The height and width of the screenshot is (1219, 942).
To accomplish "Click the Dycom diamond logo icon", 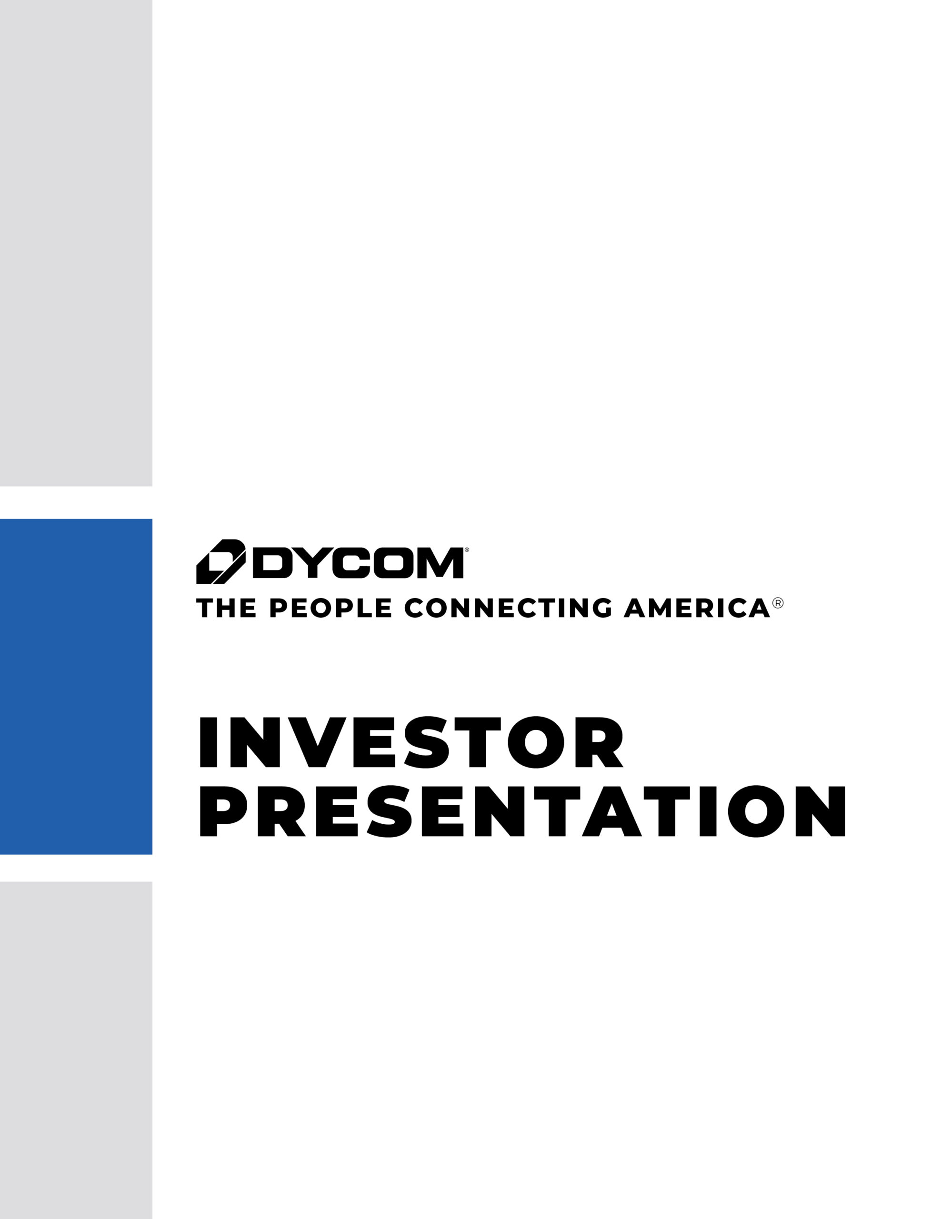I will (220, 561).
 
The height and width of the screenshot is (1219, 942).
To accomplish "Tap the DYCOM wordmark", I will (358, 563).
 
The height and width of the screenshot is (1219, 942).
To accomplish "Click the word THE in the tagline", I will (226, 607).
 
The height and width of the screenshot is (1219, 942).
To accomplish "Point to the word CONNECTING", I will (508, 607).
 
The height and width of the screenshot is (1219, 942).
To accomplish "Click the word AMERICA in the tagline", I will (697, 607).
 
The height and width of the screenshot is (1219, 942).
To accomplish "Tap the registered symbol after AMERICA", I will (778, 603).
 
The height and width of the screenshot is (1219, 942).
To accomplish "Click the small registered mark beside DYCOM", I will (467, 550).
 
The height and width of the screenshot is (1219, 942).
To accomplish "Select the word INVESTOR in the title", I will (411, 742).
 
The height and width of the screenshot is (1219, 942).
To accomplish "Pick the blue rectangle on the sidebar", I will (76, 687).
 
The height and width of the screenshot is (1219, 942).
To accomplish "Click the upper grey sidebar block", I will (76, 243).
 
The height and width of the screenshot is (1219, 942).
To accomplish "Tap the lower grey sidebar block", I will (76, 1049).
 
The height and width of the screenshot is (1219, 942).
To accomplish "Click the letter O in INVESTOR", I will (535, 742).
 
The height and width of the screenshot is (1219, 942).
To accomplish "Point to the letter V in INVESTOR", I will (317, 742).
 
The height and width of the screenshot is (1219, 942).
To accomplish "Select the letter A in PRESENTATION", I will (611, 812).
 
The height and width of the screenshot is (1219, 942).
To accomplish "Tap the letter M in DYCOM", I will (440, 563).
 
